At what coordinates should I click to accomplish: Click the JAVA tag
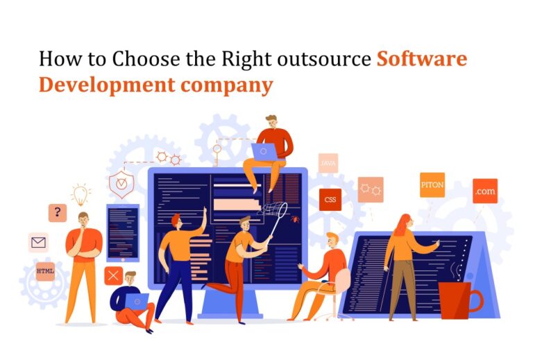click(x=328, y=163)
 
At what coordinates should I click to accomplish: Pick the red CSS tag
click(x=330, y=200)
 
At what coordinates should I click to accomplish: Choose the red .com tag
click(x=484, y=191)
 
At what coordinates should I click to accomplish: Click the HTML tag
click(x=45, y=270)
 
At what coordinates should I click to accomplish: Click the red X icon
click(x=113, y=275)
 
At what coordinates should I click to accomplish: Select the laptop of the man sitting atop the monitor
click(x=264, y=151)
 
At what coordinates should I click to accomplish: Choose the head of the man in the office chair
click(x=332, y=240)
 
